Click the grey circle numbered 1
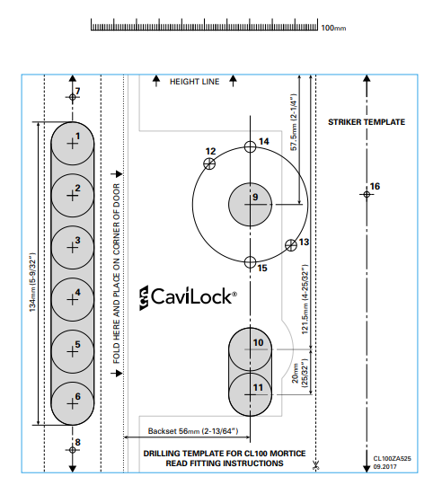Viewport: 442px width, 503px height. [73, 141]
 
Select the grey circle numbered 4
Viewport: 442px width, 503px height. [73, 296]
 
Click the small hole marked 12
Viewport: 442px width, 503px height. [209, 163]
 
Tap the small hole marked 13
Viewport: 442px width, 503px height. [290, 244]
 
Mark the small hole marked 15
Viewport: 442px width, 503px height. [252, 262]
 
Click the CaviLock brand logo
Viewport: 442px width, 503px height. [188, 296]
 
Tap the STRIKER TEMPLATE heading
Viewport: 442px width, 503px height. [366, 121]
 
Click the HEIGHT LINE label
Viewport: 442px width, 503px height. [194, 82]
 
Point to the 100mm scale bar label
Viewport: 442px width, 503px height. [333, 28]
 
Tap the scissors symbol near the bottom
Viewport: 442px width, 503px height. [315, 466]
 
